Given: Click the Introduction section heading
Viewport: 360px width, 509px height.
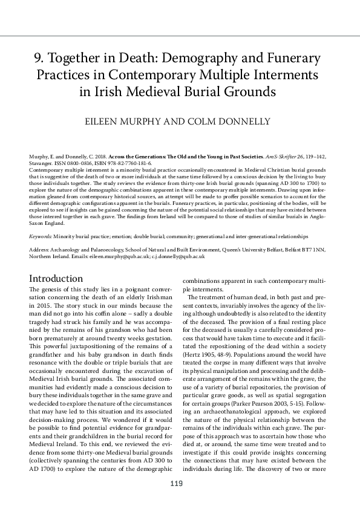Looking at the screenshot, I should pos(56,279).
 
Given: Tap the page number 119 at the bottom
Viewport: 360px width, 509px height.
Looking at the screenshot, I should pos(176,484).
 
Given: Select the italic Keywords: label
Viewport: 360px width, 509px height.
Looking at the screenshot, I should pos(42,236).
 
